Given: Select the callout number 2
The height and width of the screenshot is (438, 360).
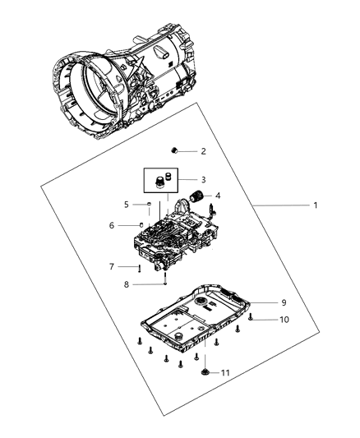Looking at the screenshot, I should [203, 151].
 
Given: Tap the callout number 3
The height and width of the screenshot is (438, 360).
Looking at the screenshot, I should [203, 179].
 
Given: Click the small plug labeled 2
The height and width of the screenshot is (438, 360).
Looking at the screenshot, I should [175, 150].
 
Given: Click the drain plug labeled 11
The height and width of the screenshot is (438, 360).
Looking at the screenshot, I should [203, 374].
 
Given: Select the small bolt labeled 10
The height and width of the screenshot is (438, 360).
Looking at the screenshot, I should [252, 316].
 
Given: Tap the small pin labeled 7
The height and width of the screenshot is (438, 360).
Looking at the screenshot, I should [140, 267].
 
